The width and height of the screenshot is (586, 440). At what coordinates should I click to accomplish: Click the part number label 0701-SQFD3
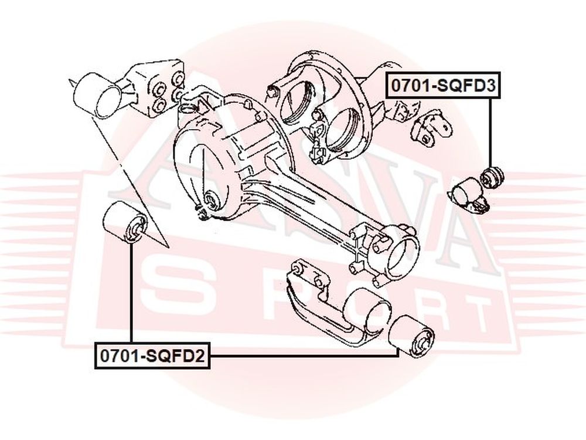click(443, 85)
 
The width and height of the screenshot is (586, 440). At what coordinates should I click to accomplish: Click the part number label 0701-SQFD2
click(152, 356)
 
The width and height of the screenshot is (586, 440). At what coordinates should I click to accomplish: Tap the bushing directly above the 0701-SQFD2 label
click(125, 222)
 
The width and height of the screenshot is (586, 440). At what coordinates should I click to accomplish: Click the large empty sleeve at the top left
click(98, 96)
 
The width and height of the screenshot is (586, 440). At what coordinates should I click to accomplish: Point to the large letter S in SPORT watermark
click(175, 287)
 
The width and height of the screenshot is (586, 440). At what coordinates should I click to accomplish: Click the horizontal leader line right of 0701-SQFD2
click(304, 356)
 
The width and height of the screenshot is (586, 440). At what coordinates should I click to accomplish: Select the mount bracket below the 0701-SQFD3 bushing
click(470, 198)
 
